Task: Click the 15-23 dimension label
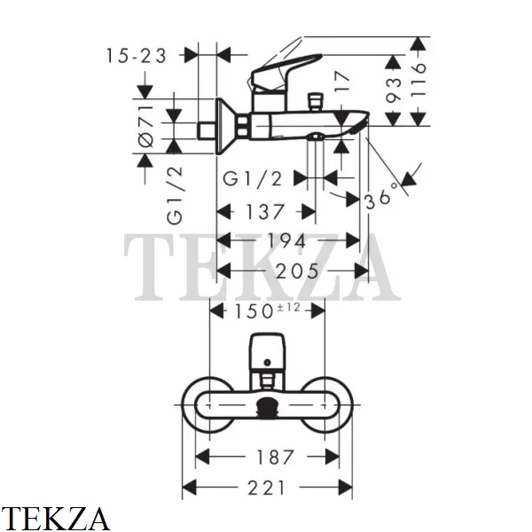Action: tap(137, 56)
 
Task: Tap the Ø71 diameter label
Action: tap(146, 126)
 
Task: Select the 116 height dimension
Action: tap(418, 80)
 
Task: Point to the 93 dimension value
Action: tap(394, 90)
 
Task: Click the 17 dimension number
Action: tap(341, 82)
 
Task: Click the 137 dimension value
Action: tap(265, 212)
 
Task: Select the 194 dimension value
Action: tap(287, 241)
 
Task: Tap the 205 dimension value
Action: tap(297, 270)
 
